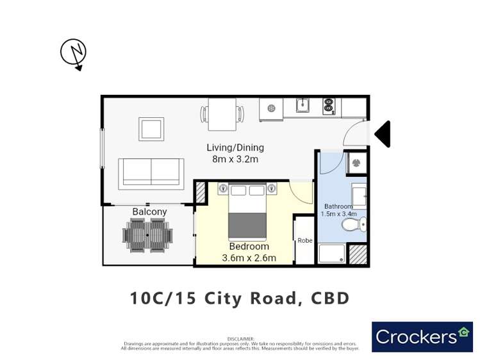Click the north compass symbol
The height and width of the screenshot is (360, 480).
coord(73,53)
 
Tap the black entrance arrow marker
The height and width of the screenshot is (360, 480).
coord(383,135)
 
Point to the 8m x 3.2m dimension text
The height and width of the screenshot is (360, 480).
coord(235,159)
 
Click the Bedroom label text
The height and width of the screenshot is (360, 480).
coord(249,247)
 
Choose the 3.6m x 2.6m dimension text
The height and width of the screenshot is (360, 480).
coord(249,258)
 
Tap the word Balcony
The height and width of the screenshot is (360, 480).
coord(149,212)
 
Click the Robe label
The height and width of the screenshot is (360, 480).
coord(304,241)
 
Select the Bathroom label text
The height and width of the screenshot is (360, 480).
coord(337,206)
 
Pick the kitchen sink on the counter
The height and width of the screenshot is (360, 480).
coord(302,105)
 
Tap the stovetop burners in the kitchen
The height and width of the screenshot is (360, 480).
coord(329,106)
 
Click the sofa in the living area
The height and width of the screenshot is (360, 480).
coord(151,172)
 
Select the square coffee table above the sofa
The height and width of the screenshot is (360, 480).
coord(151,129)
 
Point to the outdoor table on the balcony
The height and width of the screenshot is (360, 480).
coord(147,235)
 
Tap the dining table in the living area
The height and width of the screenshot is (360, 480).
coord(222,115)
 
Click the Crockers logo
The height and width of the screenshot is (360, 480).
coord(422,336)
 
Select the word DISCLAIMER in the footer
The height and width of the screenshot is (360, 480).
coord(240,339)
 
